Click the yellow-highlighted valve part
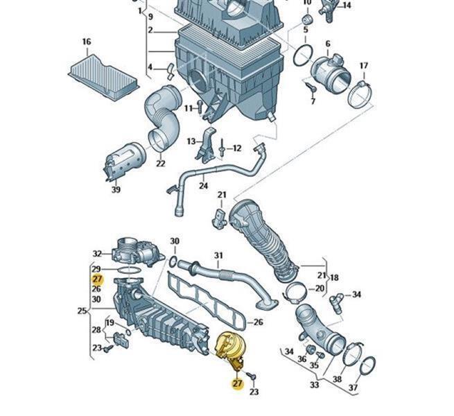point(229,347)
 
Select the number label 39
point(116,190)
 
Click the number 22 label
point(161,164)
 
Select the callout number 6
point(327,44)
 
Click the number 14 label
point(347,6)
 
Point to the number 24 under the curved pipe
point(202,186)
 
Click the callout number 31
point(218,255)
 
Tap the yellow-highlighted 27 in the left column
point(96,279)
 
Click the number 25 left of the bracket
point(81,311)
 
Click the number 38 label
point(337,379)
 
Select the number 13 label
point(191,141)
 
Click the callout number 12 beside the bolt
point(236,148)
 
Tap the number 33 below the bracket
point(315,385)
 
